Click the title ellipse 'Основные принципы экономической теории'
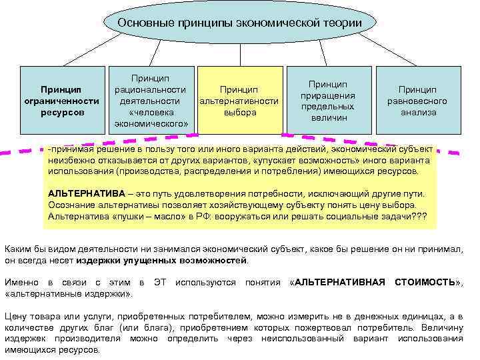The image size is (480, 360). coord(240,23)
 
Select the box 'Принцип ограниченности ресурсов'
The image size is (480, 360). coord(61,101)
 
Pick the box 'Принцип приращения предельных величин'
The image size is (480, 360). coord(327,100)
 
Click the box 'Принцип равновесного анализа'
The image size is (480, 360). coord(418,101)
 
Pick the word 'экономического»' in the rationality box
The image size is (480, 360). coord(151,123)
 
